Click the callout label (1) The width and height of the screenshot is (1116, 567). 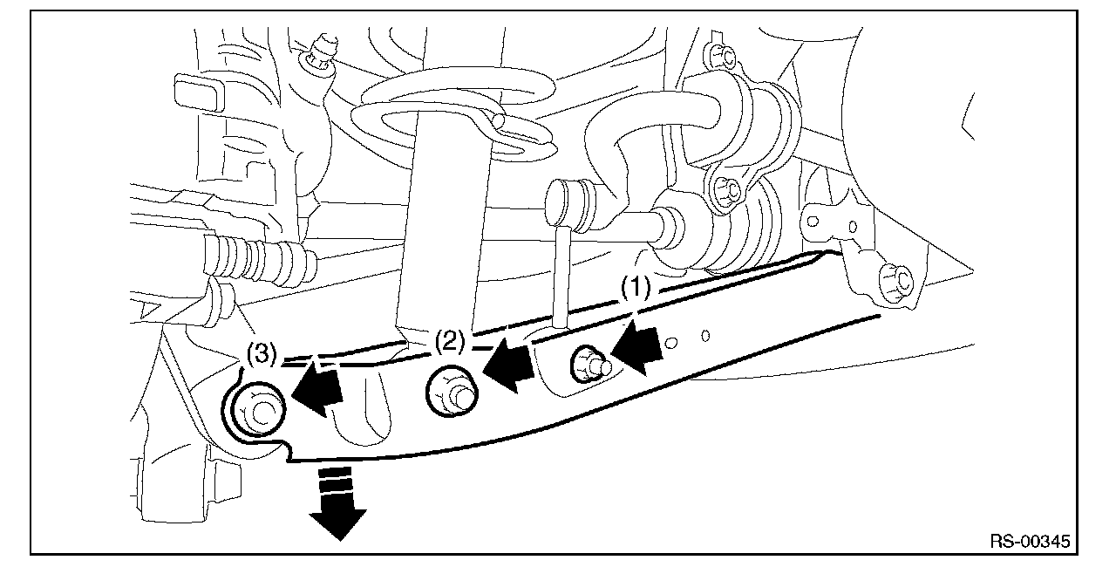coord(636,289)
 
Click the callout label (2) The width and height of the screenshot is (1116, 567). coord(450,342)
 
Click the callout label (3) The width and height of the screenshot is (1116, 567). coord(261,354)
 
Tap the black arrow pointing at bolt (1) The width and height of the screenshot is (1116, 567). coord(637,347)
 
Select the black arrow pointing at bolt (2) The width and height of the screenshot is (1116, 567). coord(508,365)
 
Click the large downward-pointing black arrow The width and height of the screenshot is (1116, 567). coord(337,502)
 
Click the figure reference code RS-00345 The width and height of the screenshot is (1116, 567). coord(1030,541)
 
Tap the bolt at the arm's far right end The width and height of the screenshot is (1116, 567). coord(895,283)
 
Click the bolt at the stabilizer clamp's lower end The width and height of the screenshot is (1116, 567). coord(727,193)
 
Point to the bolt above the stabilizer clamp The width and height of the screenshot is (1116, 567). coord(721,57)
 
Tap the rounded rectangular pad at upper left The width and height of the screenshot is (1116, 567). coord(199,92)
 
